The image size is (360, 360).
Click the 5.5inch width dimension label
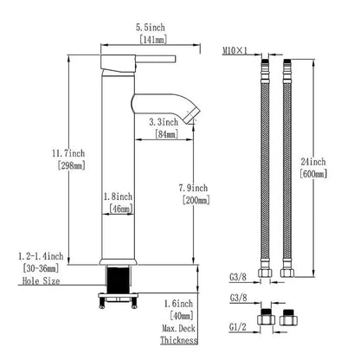click(151, 28)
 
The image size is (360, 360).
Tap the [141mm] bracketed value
click(153, 40)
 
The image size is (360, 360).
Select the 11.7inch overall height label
click(68, 153)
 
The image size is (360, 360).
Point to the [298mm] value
click(71, 165)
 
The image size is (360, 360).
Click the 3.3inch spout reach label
click(164, 122)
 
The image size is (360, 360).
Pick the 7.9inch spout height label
click(193, 188)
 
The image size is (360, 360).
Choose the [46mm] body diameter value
click(121, 209)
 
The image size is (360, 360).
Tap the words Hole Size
click(42, 281)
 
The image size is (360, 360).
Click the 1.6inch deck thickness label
click(178, 304)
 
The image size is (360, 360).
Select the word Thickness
click(179, 340)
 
